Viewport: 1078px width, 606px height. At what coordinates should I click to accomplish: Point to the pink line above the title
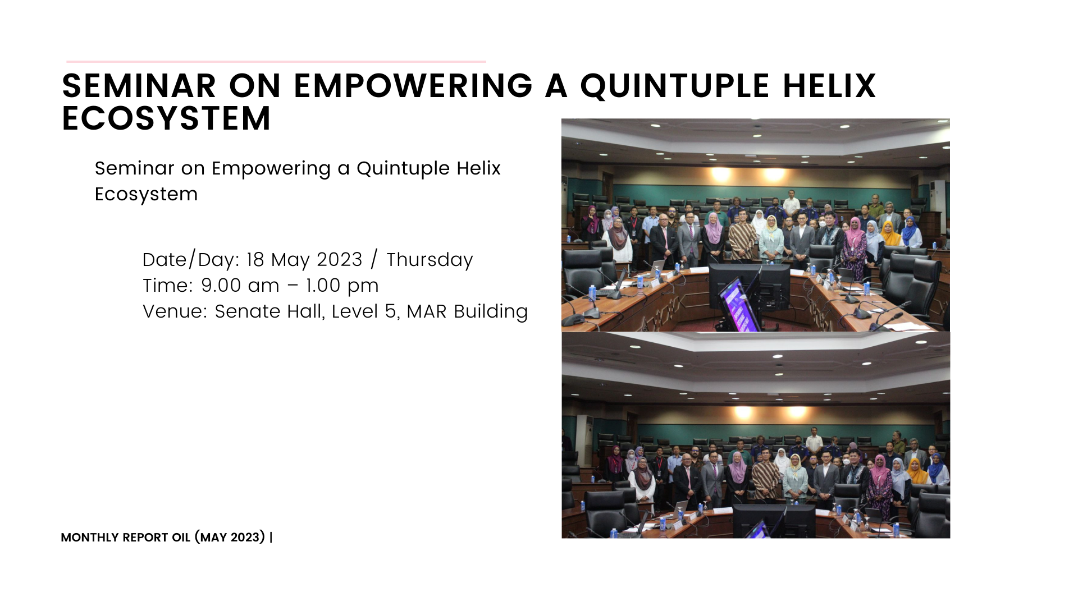pyautogui.click(x=276, y=61)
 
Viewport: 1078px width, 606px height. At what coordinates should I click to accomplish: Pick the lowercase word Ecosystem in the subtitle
pyautogui.click(x=146, y=194)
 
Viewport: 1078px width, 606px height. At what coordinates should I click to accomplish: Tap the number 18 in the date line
pyautogui.click(x=255, y=260)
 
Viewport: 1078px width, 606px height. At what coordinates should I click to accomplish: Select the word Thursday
pyautogui.click(x=430, y=260)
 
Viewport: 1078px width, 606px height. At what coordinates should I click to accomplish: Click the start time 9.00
pyautogui.click(x=221, y=286)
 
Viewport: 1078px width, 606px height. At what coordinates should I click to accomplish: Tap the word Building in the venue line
pyautogui.click(x=491, y=312)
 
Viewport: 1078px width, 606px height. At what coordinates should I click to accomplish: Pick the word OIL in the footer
pyautogui.click(x=181, y=538)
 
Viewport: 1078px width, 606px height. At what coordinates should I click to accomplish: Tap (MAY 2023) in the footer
pyautogui.click(x=230, y=538)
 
